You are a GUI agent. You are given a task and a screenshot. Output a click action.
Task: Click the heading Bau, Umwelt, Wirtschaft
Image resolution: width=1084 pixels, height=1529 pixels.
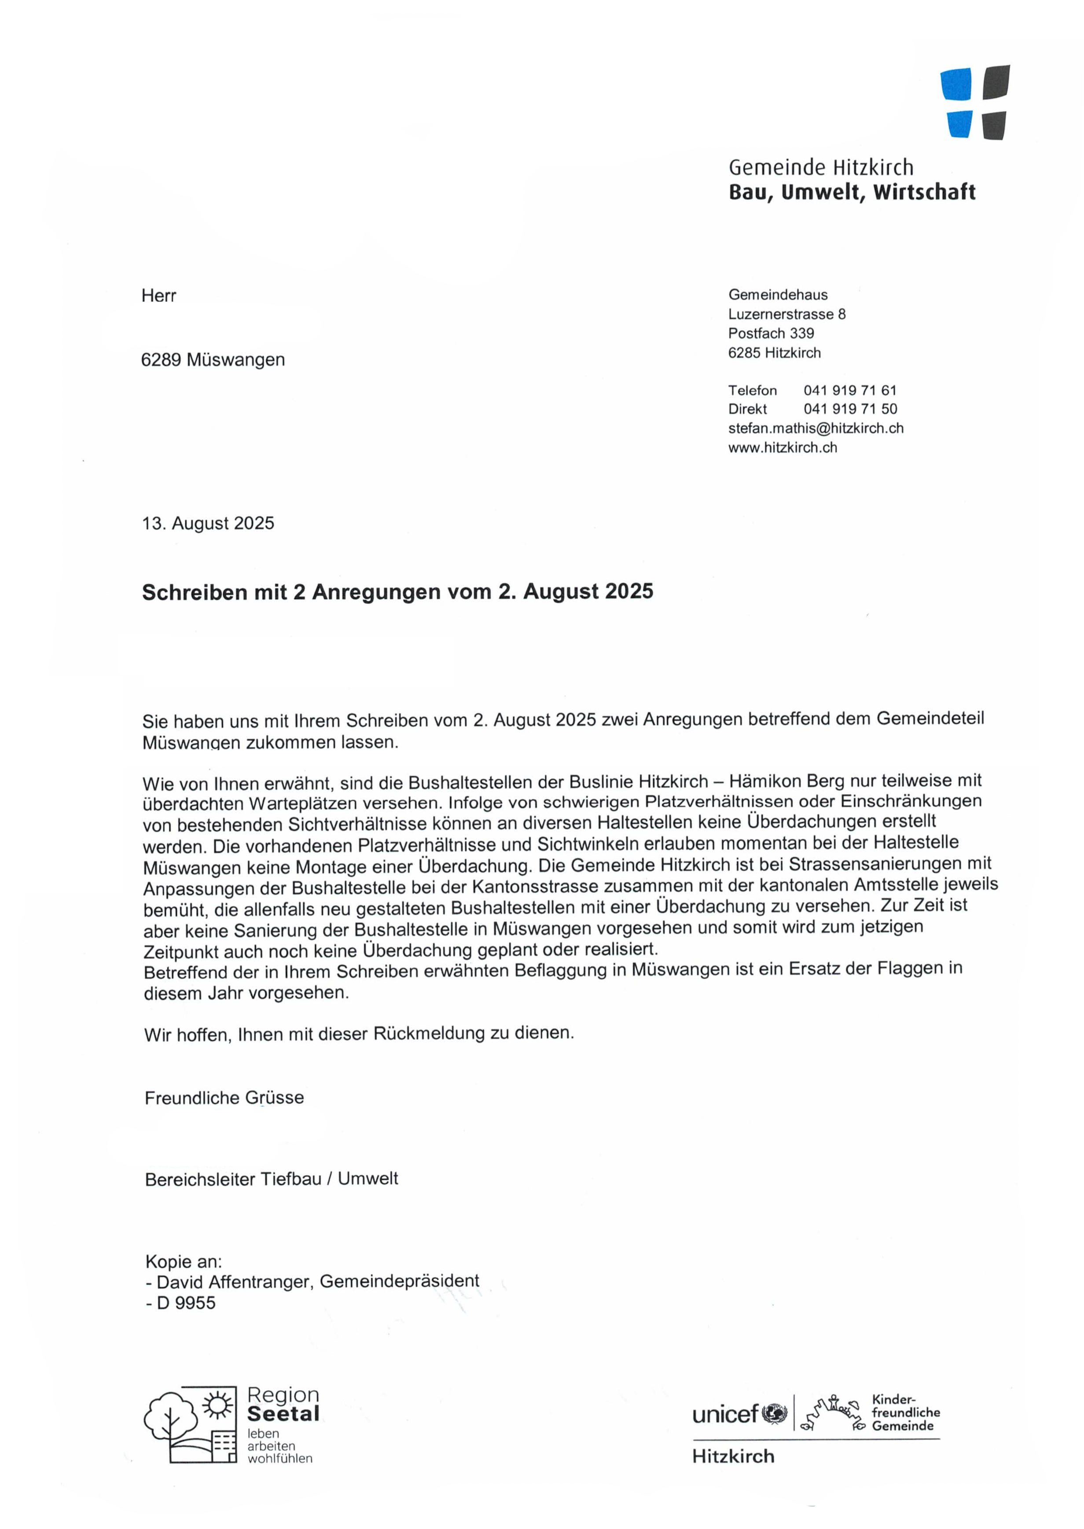(851, 192)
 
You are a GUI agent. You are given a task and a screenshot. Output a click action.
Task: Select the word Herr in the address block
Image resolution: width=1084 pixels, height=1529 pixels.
(159, 296)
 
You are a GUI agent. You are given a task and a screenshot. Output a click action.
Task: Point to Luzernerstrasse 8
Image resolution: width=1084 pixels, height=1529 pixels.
(786, 314)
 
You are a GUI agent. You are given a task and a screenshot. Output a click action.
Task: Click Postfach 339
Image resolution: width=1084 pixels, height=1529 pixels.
(771, 333)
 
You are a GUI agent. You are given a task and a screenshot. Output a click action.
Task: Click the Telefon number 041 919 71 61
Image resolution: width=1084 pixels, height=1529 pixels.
(850, 390)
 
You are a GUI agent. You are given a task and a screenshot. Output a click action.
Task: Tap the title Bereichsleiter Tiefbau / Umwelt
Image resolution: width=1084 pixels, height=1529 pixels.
(271, 1179)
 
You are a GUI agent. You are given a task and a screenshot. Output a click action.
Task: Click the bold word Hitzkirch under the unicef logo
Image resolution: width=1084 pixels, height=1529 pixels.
(733, 1456)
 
